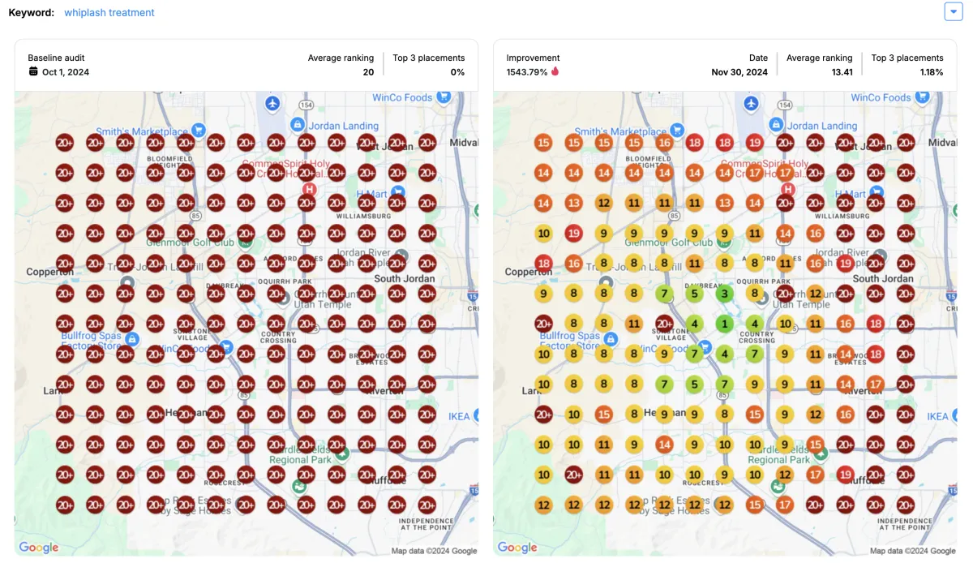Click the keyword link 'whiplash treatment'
coord(109,13)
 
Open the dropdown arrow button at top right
coord(953,11)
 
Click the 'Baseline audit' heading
coord(56,58)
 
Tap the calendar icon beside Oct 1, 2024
coord(33,71)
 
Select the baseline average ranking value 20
coord(368,72)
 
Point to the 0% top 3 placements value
coord(457,72)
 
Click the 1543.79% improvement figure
coord(526,72)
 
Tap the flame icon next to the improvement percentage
coord(555,71)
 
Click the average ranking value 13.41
coord(841,72)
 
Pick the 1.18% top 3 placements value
coord(932,72)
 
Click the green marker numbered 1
coord(724,324)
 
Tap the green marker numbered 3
coord(724,294)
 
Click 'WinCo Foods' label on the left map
coord(402,97)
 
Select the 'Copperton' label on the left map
coord(49,272)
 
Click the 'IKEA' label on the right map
coord(937,416)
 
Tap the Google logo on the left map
coord(38,548)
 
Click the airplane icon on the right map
coord(751,104)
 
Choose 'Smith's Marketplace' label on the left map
coord(142,131)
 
